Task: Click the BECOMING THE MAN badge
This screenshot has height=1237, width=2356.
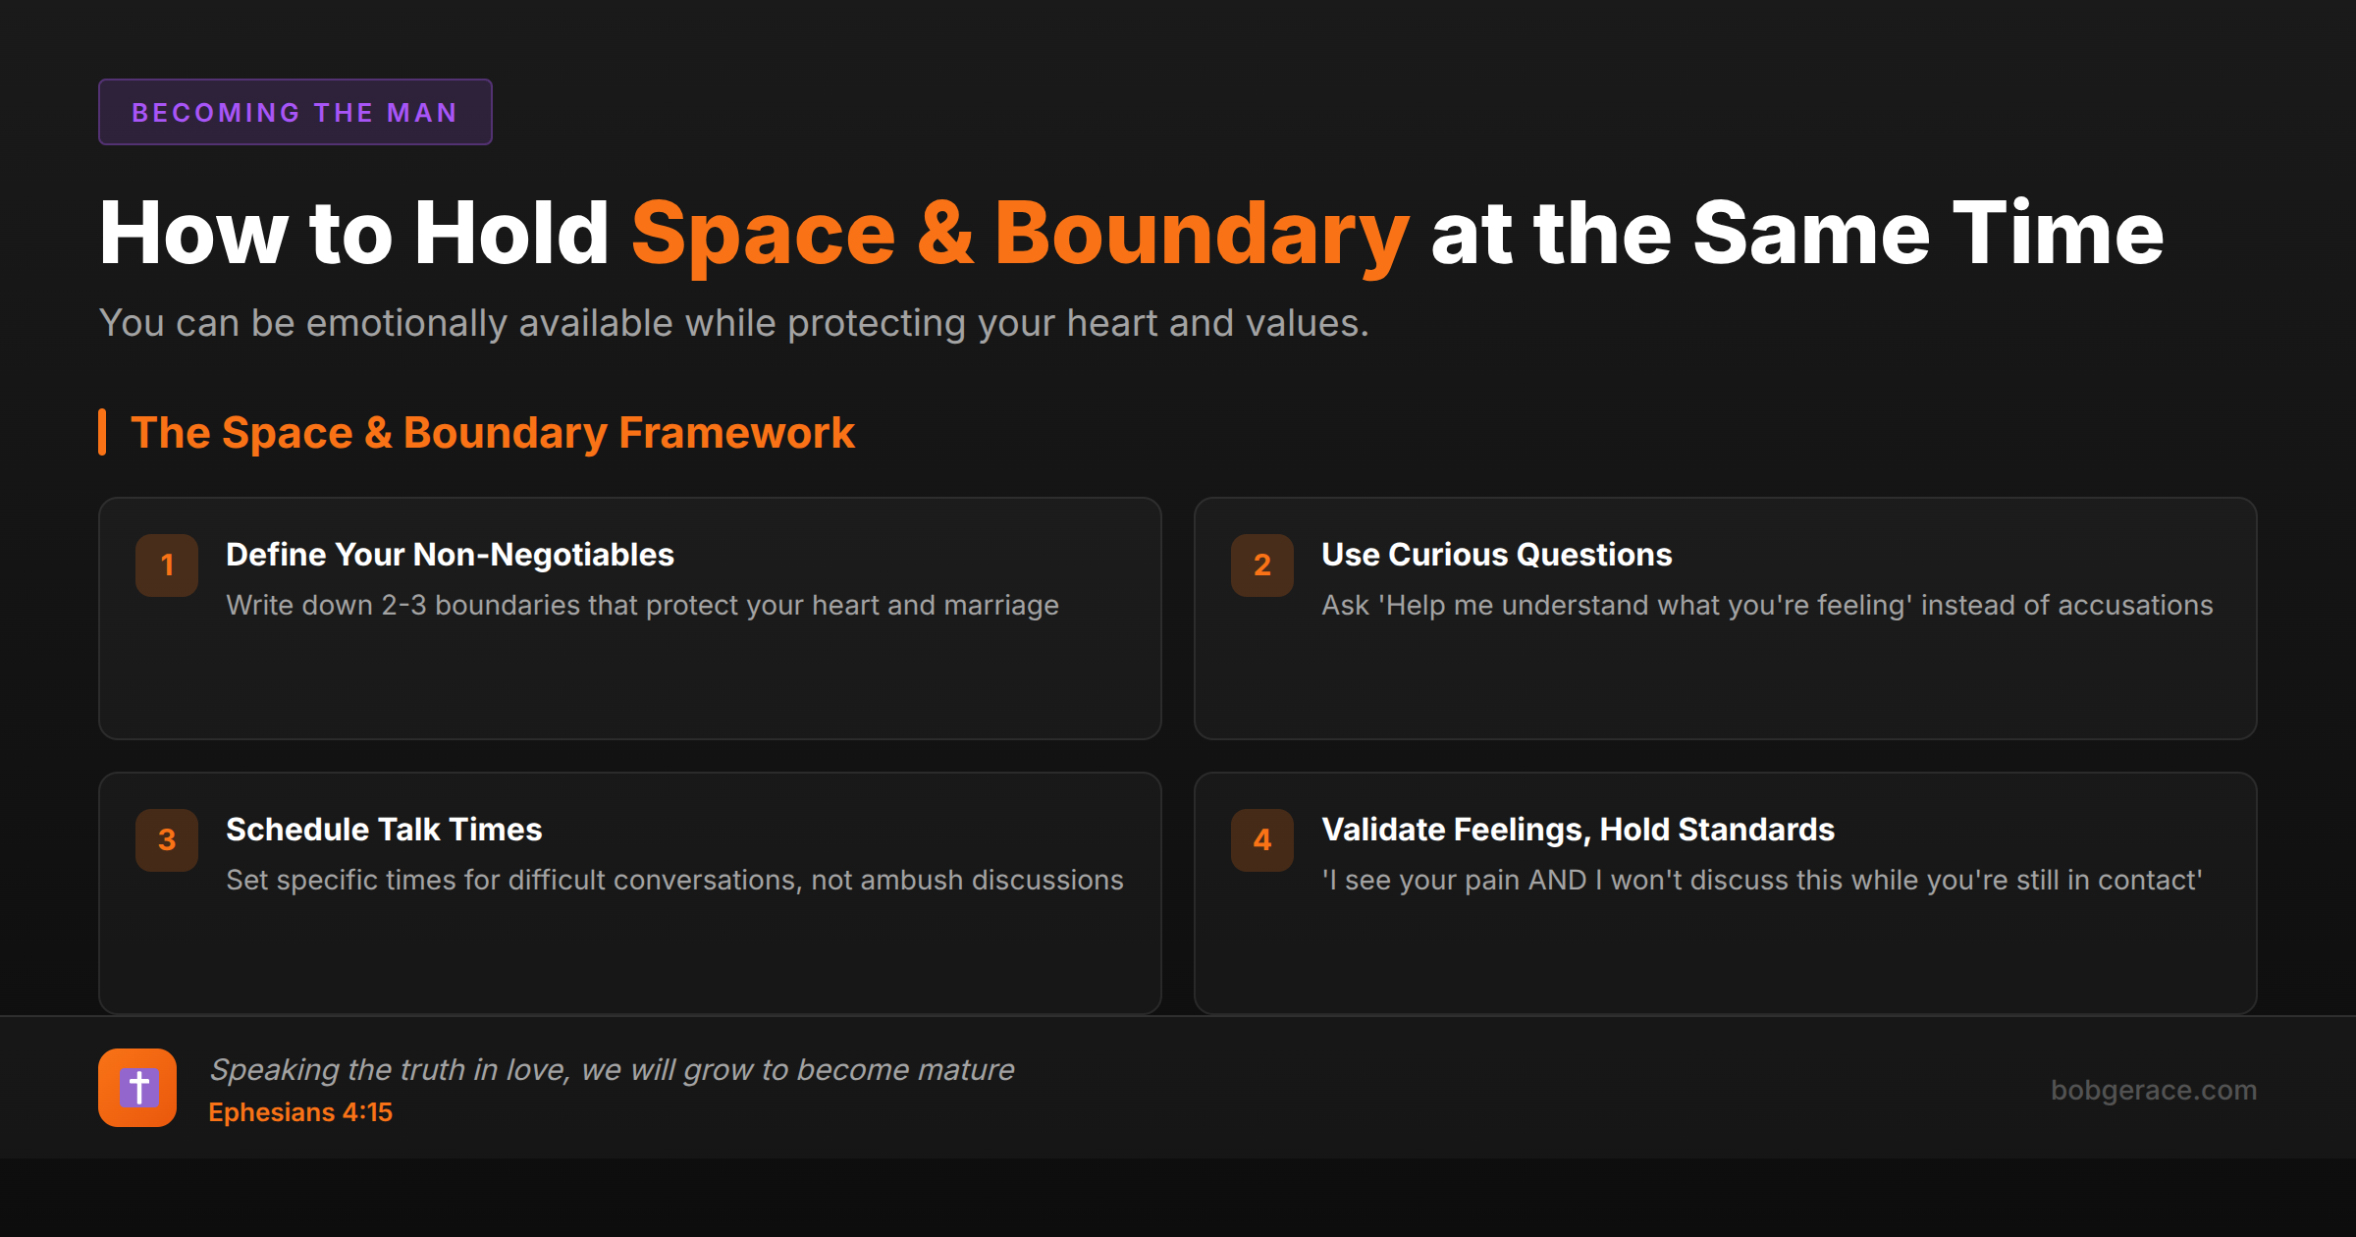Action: (294, 113)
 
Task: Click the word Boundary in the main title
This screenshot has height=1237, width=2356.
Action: (1202, 234)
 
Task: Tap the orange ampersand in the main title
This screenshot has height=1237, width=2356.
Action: (945, 234)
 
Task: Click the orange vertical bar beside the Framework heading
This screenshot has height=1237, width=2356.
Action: (102, 432)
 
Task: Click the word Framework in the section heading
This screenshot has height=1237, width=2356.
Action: (736, 433)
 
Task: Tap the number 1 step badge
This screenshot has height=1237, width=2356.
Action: (167, 565)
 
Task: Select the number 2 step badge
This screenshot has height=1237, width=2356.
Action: (1262, 565)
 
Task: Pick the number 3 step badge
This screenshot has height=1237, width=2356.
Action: (167, 839)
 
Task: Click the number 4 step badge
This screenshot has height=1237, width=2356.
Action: (1262, 839)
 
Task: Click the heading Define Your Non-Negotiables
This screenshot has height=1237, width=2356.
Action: (450, 555)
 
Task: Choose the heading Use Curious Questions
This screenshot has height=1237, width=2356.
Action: (1496, 555)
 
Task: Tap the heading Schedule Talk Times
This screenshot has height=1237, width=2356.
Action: (384, 830)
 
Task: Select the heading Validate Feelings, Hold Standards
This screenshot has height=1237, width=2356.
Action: (1578, 830)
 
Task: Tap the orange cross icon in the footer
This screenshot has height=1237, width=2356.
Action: (137, 1088)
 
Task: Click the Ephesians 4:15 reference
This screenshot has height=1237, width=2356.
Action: (300, 1112)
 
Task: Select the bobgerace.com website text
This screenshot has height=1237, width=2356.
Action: (2153, 1090)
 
